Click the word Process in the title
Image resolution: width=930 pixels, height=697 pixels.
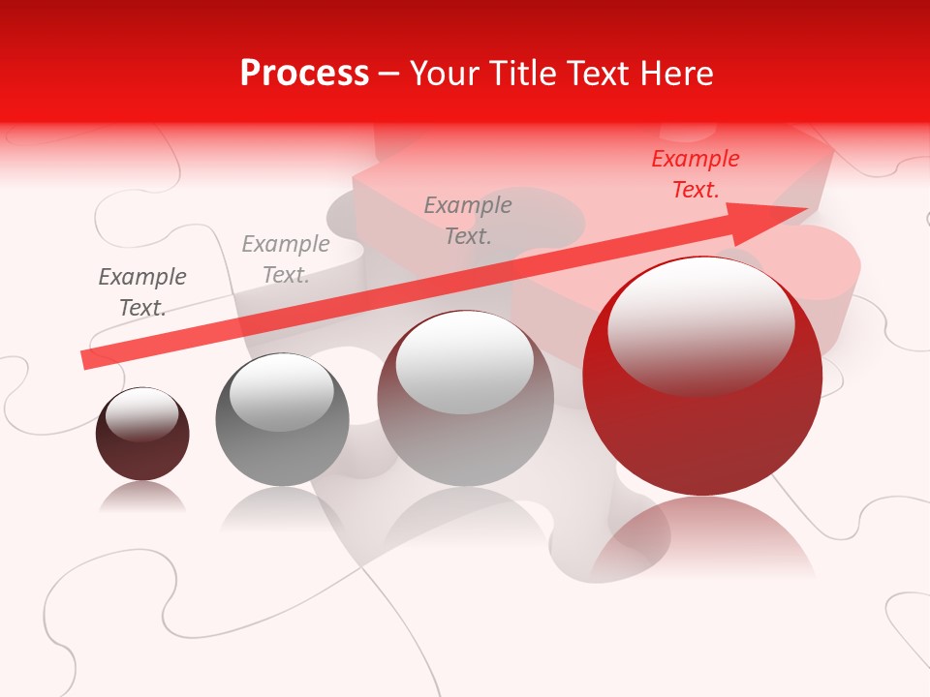[304, 74]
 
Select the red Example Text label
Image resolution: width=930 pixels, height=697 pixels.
[695, 174]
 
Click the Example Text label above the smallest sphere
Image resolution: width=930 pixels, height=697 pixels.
[142, 292]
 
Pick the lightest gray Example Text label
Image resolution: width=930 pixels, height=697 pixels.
[286, 259]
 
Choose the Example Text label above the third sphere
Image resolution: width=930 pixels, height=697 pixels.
[468, 220]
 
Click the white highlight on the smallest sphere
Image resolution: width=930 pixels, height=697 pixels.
[142, 414]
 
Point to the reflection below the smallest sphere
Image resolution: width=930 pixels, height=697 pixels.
[142, 498]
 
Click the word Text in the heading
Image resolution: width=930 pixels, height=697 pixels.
[599, 74]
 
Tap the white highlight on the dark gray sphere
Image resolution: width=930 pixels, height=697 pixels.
[281, 392]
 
